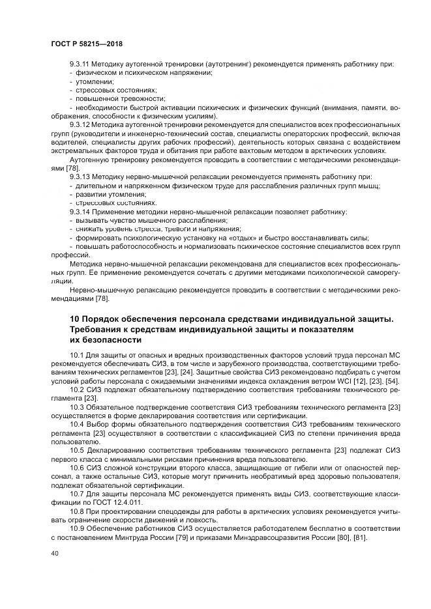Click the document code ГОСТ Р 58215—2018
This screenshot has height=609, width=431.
click(87, 43)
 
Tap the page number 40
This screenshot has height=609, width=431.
click(54, 552)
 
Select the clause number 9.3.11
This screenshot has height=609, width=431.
click(81, 64)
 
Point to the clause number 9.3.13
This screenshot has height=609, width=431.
click(81, 177)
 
